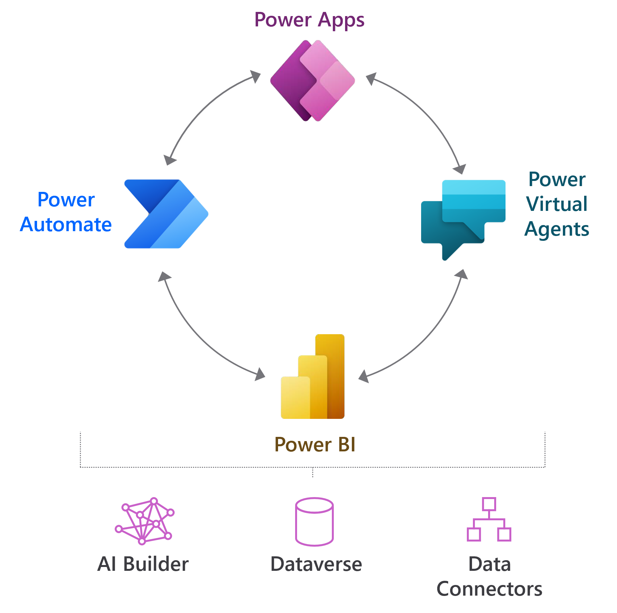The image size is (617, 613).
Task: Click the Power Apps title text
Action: coord(309,20)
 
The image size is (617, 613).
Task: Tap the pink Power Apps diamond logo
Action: coord(312,80)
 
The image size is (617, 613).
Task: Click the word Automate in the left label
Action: coord(66,224)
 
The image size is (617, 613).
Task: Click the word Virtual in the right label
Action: coord(556,204)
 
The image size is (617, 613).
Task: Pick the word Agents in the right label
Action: coord(556,229)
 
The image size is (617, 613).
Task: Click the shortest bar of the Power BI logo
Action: coord(295,398)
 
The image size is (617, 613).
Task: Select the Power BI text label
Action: coord(315,445)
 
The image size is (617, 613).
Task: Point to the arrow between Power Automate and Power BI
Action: coord(200,338)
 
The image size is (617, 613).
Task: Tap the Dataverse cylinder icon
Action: coord(314,522)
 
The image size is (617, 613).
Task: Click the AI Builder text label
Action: coord(143,564)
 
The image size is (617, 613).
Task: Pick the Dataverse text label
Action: coord(316,564)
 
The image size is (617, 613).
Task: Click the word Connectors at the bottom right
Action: coord(489,589)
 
